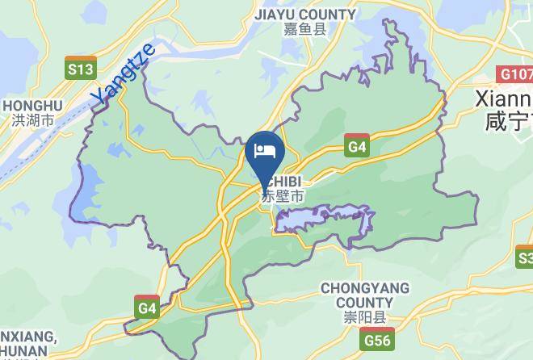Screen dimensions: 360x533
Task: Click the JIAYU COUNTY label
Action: click(304, 15)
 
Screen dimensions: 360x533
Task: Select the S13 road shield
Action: click(81, 69)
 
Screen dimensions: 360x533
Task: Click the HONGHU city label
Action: click(32, 106)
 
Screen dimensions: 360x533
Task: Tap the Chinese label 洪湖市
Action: click(32, 121)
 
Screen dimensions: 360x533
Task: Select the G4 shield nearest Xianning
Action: click(356, 147)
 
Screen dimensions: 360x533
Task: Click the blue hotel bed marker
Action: click(265, 151)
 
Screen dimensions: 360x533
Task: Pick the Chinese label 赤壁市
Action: click(283, 196)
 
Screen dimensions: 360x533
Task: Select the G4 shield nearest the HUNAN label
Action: click(146, 308)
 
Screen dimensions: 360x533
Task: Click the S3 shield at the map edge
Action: click(525, 258)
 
